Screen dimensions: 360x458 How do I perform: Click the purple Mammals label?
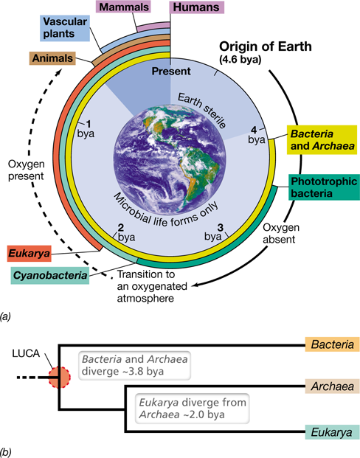coord(123,7)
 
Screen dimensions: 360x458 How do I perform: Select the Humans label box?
coord(196,7)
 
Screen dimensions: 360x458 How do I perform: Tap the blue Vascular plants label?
coord(65,28)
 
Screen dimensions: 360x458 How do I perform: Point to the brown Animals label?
coord(52,58)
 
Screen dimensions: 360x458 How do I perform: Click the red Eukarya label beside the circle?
coord(29,253)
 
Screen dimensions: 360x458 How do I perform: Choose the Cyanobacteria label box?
coord(50,275)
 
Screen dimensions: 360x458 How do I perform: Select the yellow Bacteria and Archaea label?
coord(322,139)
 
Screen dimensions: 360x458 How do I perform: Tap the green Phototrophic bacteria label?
coord(324,187)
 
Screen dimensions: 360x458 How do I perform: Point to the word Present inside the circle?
coord(171,71)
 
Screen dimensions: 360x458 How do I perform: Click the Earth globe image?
coord(170,160)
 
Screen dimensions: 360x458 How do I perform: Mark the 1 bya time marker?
coord(86,129)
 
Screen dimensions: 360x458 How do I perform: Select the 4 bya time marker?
coord(257,135)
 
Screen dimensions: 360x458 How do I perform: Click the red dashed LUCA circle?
coord(59,378)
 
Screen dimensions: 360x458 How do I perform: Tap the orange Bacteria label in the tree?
coord(332,344)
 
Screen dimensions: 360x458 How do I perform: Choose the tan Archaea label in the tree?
coord(332,386)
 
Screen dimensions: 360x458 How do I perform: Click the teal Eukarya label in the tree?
coord(332,432)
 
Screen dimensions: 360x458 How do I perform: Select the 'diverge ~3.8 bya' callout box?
coord(135,365)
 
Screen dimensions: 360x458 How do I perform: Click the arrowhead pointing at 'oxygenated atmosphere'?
coord(195,285)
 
